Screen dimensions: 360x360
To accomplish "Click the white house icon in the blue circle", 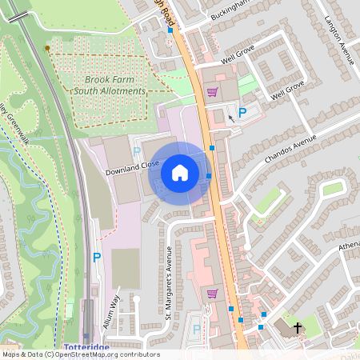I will tap(180, 172).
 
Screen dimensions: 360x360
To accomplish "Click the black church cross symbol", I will tap(298, 328).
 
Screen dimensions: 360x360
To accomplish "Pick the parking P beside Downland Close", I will tap(136, 151).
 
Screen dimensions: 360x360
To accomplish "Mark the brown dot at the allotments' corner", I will tap(47, 49).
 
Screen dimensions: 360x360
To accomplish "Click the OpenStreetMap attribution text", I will tap(81, 354).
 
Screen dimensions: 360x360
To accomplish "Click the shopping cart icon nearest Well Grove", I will tap(212, 92).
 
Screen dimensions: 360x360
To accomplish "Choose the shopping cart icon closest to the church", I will tap(212, 293).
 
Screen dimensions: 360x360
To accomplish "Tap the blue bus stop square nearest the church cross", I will tap(261, 326).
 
